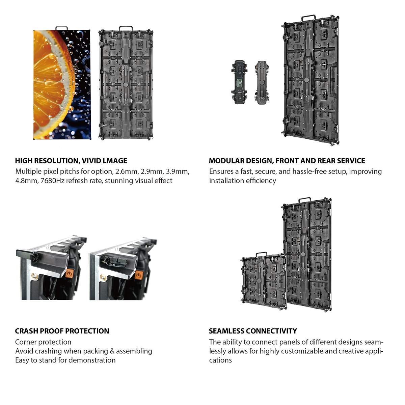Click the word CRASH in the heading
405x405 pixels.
pos(26,331)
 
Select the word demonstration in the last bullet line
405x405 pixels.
pos(92,360)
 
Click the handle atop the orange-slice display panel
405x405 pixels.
pos(61,28)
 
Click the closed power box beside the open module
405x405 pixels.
pos(262,82)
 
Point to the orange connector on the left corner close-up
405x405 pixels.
pos(69,274)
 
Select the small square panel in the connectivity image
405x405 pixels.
pos(264,281)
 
